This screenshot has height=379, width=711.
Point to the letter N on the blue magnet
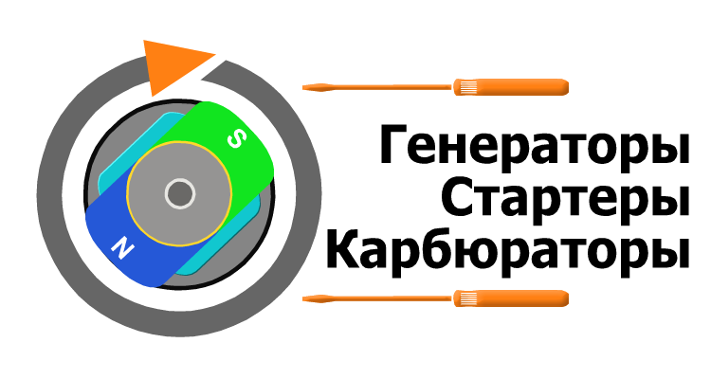tap(121, 249)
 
